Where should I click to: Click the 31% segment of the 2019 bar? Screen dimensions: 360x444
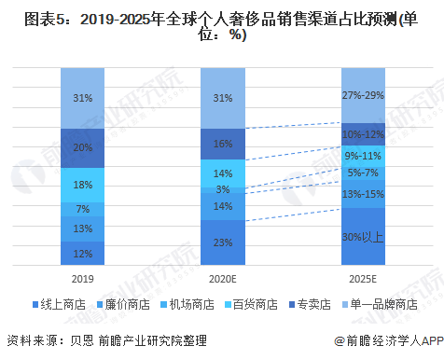pos(82,98)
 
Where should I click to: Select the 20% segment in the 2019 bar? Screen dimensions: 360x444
pos(82,147)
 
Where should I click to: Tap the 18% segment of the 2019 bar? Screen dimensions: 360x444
pos(82,184)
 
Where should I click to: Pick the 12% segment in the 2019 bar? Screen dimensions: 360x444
pos(82,253)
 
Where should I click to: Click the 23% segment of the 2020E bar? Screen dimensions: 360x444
pos(222,243)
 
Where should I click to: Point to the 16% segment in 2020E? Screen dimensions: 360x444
pos(222,144)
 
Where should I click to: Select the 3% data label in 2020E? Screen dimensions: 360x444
pos(222,190)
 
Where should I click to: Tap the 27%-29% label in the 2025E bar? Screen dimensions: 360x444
pos(362,95)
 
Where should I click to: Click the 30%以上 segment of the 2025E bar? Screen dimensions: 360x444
pos(362,237)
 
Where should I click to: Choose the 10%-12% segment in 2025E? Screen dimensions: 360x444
pos(362,135)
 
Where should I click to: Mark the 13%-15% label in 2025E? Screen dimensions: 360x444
pos(362,194)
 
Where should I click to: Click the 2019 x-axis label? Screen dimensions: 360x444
pos(82,277)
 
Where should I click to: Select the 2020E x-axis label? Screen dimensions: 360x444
pos(222,277)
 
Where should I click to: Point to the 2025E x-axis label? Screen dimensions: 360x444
pos(362,277)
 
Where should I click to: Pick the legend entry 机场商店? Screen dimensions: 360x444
pos(187,305)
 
